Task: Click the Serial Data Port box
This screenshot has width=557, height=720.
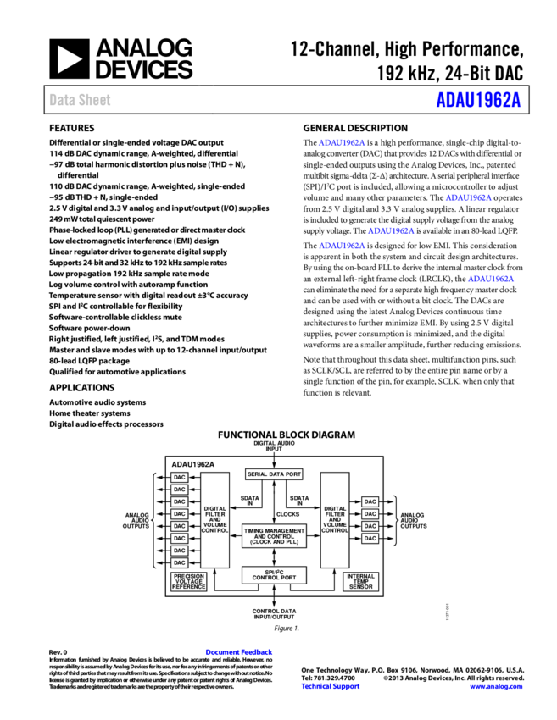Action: (274, 474)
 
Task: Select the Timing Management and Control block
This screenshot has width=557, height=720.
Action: (274, 536)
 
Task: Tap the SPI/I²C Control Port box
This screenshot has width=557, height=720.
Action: (274, 575)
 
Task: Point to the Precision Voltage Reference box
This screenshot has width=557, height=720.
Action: (189, 582)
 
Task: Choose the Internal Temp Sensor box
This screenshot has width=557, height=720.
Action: (361, 582)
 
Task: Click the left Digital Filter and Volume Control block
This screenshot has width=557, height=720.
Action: (214, 519)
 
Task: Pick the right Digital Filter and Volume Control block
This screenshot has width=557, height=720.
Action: (335, 519)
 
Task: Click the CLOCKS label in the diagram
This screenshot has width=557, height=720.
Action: (287, 514)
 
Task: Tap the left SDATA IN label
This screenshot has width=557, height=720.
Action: (250, 501)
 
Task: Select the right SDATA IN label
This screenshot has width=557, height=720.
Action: (299, 501)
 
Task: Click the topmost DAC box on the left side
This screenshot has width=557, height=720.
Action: (179, 478)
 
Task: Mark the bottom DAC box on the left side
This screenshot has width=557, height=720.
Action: (179, 562)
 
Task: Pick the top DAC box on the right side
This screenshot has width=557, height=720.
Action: (370, 501)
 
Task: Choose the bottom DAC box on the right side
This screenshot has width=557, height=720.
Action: (370, 538)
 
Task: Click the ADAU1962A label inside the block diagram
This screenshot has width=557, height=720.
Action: (193, 464)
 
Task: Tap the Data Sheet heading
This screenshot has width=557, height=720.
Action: (80, 100)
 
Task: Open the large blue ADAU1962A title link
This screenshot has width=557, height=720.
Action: (478, 100)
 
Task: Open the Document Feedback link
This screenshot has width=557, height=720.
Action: (238, 652)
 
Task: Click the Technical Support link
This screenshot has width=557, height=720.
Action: (331, 687)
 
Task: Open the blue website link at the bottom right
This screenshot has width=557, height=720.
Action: (496, 687)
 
